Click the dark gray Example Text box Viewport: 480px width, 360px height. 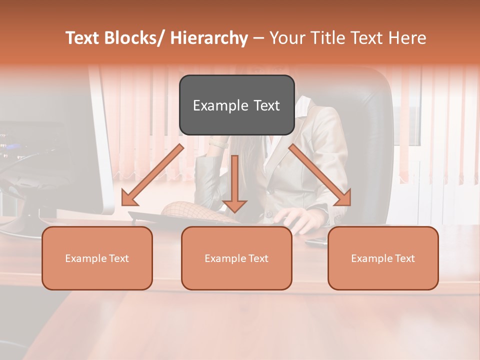[236, 105]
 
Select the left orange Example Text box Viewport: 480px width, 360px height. [97, 258]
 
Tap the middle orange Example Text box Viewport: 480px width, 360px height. [236, 258]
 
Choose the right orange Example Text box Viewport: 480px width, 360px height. [383, 258]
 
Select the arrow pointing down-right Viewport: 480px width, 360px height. [320, 175]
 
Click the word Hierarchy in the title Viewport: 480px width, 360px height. [208, 38]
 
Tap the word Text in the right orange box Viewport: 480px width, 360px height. [404, 258]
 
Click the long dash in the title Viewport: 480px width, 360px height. [259, 38]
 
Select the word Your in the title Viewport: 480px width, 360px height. [287, 38]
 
